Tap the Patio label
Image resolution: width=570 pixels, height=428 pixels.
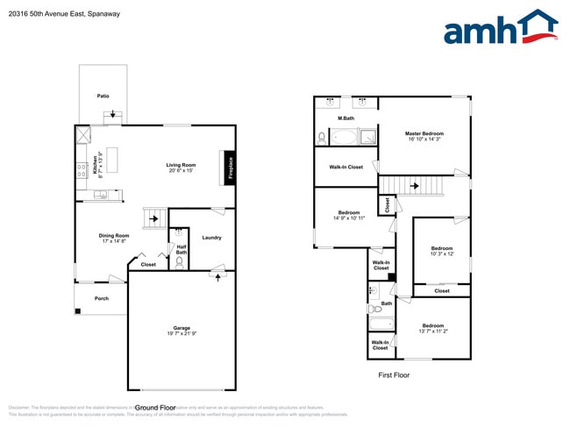(103, 96)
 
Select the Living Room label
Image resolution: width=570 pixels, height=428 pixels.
(181, 168)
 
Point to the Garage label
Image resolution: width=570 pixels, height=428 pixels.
(182, 331)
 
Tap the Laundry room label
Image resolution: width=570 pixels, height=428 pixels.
(211, 238)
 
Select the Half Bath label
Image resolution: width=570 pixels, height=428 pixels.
(182, 251)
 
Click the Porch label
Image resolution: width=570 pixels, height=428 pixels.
(102, 299)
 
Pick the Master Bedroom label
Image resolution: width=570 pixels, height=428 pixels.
(424, 136)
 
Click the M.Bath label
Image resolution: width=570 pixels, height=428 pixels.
(346, 118)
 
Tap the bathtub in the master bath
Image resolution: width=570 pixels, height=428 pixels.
(342, 138)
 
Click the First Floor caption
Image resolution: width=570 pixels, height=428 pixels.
(393, 374)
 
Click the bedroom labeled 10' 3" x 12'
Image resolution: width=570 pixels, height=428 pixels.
(441, 251)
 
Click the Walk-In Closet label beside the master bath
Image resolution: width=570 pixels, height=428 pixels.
(346, 167)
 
